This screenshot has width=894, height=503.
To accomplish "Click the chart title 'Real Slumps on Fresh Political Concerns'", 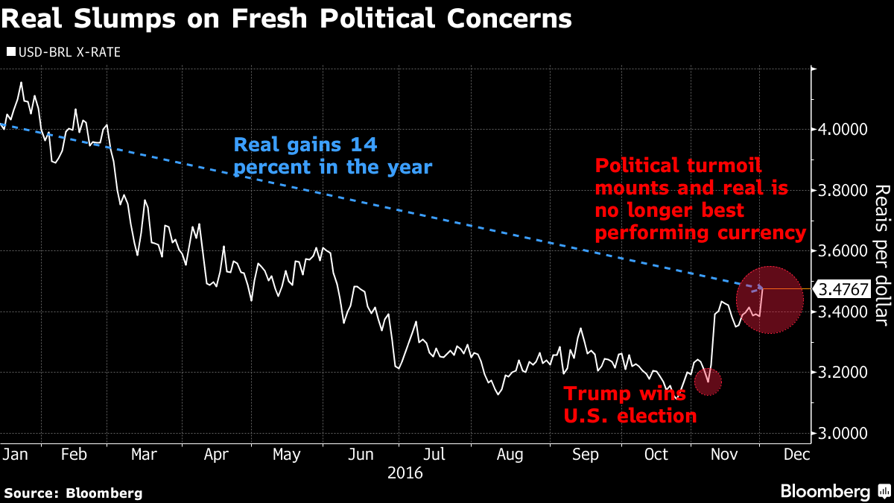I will (287, 19).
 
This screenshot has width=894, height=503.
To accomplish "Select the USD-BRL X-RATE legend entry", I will (63, 52).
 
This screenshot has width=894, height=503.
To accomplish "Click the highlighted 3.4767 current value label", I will (842, 288).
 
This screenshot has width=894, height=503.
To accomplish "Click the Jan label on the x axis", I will (14, 454).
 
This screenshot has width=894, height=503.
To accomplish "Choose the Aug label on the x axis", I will (511, 454).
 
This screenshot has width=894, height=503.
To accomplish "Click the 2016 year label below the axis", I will (405, 472).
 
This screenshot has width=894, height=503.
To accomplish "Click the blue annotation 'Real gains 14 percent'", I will (333, 156).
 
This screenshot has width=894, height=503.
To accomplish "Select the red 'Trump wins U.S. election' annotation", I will (630, 405).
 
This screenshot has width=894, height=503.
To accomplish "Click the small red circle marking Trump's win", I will (708, 382).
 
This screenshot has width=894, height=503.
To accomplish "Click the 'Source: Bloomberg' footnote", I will (74, 493).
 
